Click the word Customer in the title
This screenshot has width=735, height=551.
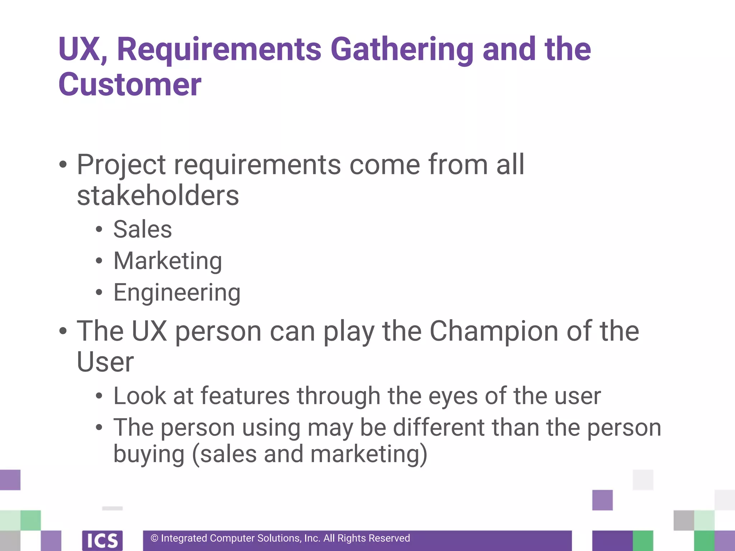coord(130,85)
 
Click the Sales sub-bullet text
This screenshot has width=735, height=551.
coord(142,229)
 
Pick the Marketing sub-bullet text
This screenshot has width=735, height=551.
coord(168,261)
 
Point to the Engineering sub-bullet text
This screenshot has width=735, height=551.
coord(177,293)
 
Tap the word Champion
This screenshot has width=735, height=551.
coord(494,331)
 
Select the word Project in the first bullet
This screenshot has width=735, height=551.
coord(121,165)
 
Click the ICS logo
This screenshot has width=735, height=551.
coord(102,540)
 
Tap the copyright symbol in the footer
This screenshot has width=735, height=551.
coord(154,538)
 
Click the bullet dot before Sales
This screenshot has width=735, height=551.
coord(99,230)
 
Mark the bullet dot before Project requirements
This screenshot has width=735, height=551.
coord(63,165)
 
